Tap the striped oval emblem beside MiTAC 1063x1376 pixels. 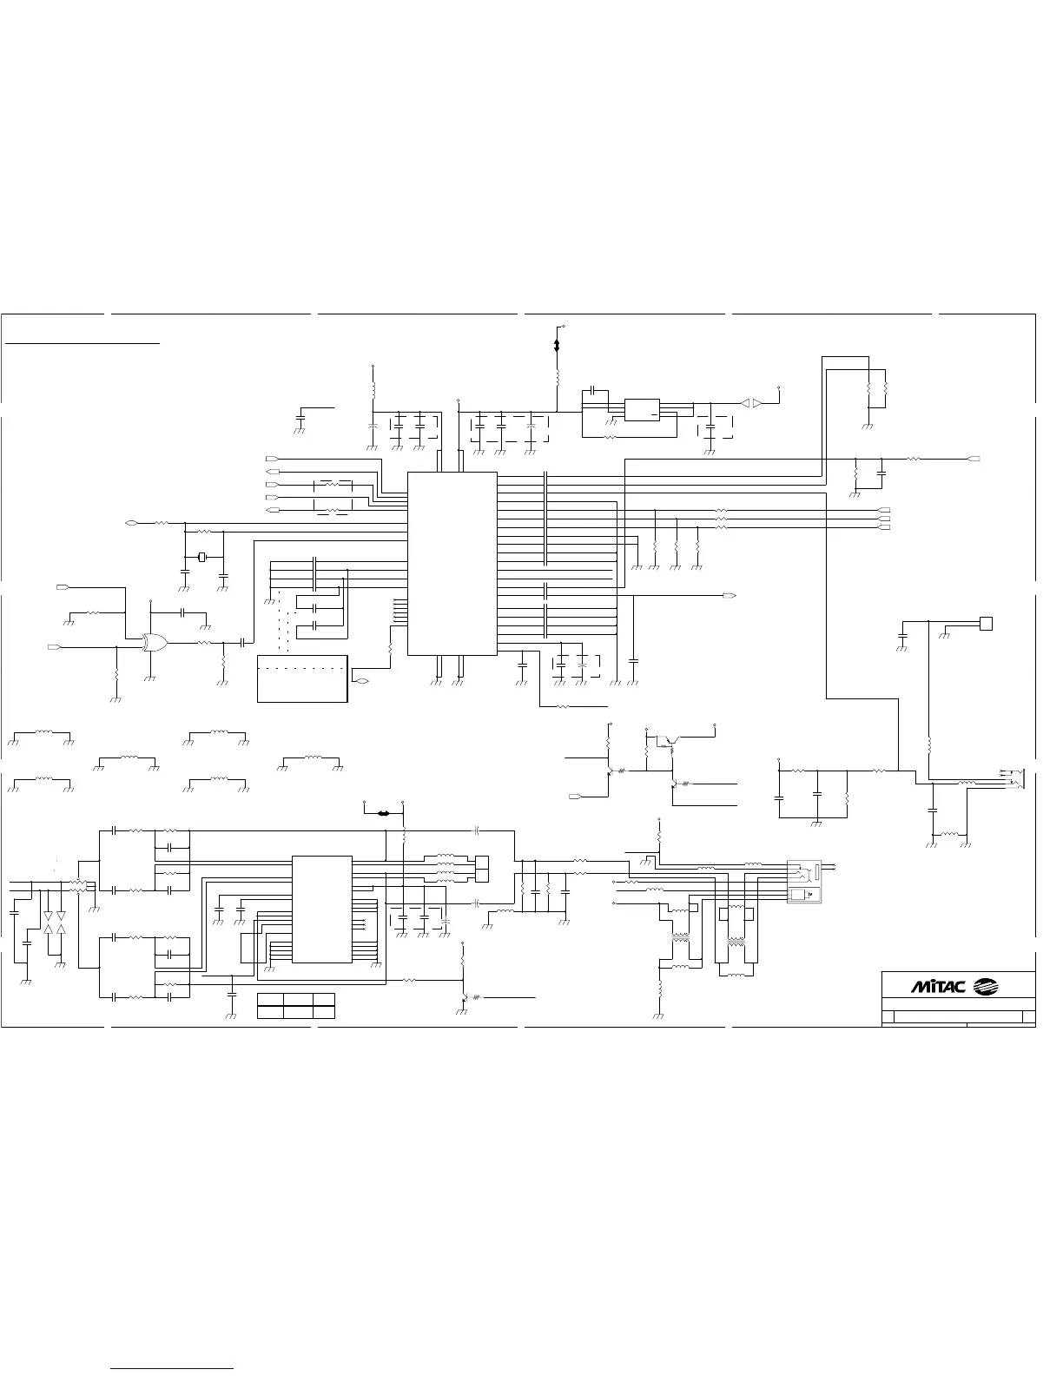[987, 986]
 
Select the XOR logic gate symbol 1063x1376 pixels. [155, 642]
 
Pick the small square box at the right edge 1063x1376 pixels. [985, 623]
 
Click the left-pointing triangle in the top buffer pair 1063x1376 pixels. [745, 402]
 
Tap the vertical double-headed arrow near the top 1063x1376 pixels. [557, 345]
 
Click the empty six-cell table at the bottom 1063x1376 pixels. [296, 1005]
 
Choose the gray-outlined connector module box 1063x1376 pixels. [802, 881]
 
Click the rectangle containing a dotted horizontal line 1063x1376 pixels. [303, 678]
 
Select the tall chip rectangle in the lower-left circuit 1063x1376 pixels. [322, 909]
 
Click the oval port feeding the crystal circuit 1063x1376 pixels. [132, 523]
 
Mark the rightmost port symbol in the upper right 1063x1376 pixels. [974, 458]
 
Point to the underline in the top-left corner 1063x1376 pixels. [83, 343]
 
